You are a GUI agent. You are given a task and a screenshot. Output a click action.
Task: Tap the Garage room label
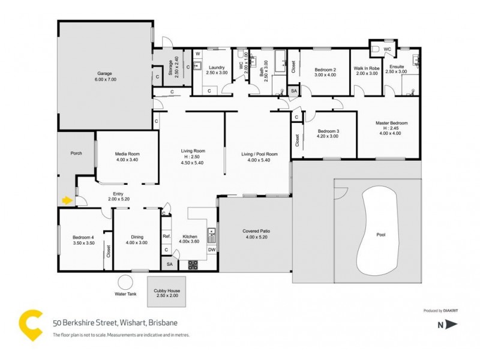pyautogui.click(x=105, y=74)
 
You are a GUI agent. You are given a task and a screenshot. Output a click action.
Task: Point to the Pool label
pyautogui.click(x=380, y=235)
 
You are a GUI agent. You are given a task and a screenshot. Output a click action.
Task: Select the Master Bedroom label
pyautogui.click(x=391, y=123)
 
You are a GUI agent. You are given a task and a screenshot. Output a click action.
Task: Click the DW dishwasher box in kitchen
pyautogui.click(x=211, y=249)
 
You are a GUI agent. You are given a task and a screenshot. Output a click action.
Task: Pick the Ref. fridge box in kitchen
pyautogui.click(x=167, y=236)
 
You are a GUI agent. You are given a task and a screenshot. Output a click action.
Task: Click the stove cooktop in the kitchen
pyautogui.click(x=193, y=263)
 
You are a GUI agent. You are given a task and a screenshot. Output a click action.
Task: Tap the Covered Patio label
pyautogui.click(x=255, y=231)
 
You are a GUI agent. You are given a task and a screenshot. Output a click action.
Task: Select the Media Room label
pyautogui.click(x=127, y=154)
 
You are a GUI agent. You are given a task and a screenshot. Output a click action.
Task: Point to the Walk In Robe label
pyautogui.click(x=367, y=68)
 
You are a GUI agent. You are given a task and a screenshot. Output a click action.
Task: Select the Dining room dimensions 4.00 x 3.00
pyautogui.click(x=137, y=242)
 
